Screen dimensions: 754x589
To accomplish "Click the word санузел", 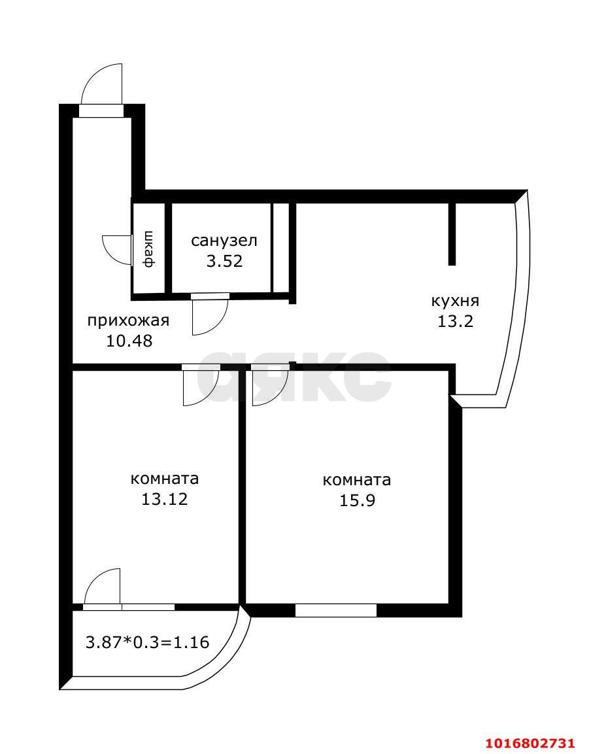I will [x=224, y=241].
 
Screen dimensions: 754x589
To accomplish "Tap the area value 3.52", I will [x=224, y=262].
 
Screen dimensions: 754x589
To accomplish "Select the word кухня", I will [x=455, y=301].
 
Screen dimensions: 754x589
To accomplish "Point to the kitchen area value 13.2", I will [x=455, y=321].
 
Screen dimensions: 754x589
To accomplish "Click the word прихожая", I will [x=129, y=320].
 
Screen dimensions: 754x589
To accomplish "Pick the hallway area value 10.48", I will [x=129, y=341].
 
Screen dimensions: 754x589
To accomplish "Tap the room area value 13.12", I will [x=165, y=499].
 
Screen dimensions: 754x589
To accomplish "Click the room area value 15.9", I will [x=357, y=501].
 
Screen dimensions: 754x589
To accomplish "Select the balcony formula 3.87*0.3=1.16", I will [x=148, y=642].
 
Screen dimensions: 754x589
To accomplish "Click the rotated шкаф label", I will [x=149, y=249].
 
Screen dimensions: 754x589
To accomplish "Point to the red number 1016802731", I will [x=530, y=743].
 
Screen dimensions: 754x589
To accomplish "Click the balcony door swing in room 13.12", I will [x=103, y=586].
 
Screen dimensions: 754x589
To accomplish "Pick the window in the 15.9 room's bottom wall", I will [x=336, y=610].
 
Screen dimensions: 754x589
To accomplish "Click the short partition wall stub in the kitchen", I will [x=452, y=233].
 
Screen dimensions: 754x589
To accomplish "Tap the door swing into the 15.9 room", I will [x=267, y=387].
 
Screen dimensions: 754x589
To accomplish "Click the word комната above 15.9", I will [x=357, y=480].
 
